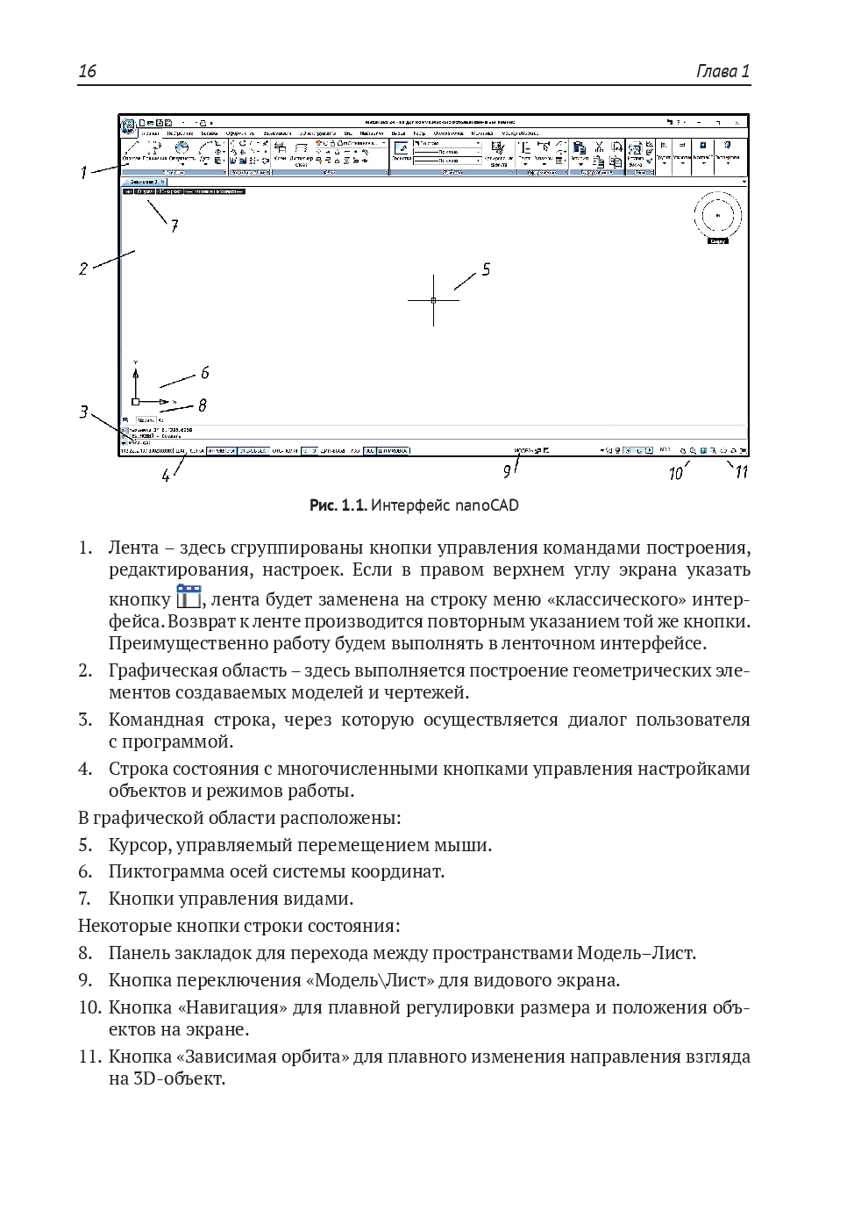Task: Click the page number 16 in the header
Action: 87,71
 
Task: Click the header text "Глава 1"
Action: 722,71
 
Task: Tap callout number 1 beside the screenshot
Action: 84,173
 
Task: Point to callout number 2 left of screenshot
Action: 83,269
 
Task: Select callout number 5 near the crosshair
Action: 486,269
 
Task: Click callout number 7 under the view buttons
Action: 174,226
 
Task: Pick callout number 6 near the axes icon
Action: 204,373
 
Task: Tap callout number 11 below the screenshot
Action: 741,472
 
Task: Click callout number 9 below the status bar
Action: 507,472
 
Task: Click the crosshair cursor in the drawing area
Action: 433,300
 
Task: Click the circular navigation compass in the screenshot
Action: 717,215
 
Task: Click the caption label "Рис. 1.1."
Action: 337,505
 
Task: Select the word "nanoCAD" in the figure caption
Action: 487,505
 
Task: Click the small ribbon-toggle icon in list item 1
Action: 189,597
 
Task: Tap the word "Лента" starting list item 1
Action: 133,548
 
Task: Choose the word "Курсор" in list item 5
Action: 139,845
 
